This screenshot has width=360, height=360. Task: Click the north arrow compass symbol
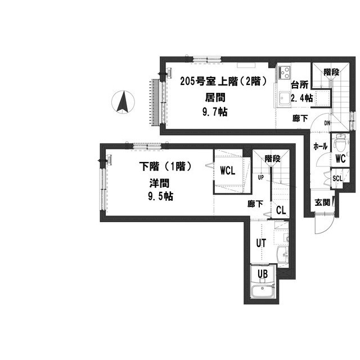[123, 102]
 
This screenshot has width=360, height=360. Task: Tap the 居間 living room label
[215, 97]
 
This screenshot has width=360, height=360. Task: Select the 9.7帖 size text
[215, 112]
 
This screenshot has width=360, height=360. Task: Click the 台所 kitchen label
[300, 85]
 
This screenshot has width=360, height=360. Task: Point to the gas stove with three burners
[285, 73]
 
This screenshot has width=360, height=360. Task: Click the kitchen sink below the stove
[285, 99]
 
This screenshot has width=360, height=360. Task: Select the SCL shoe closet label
[337, 178]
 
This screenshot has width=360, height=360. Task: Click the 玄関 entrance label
[322, 202]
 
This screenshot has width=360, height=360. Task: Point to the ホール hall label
[320, 146]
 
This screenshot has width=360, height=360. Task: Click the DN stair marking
[327, 123]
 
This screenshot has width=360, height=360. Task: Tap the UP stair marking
[261, 177]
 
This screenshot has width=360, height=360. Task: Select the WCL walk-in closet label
[227, 170]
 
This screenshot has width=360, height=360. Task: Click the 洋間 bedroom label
[159, 183]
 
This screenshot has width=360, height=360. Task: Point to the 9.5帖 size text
[160, 196]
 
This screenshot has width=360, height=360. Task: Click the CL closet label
[281, 210]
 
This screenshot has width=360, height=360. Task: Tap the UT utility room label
[261, 243]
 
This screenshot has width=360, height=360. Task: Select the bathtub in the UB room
[262, 291]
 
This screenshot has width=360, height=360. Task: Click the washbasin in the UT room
[282, 255]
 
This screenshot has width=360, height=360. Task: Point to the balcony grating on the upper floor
[155, 102]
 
